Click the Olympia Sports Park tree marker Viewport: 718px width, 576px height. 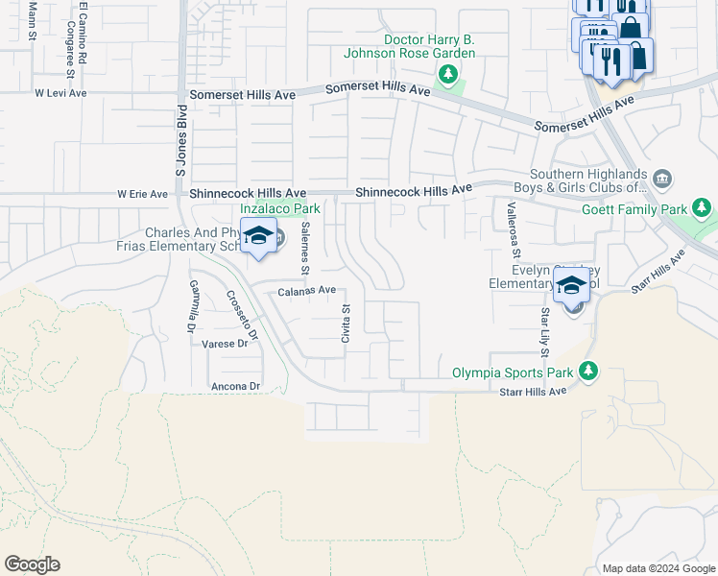[587, 371]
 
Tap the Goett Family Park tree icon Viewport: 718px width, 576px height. [703, 208]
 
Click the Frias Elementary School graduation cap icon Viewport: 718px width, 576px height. [258, 236]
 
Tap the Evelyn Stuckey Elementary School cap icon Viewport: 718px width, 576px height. [572, 287]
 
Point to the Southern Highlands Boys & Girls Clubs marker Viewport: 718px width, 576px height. [662, 179]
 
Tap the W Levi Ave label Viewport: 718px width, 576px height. [61, 93]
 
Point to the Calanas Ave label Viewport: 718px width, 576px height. [307, 290]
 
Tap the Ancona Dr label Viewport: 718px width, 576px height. [235, 386]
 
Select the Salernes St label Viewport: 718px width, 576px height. [304, 247]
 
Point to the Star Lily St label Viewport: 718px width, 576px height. [544, 326]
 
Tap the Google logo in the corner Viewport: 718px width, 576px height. [32, 564]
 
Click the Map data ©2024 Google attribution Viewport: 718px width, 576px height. [658, 568]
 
